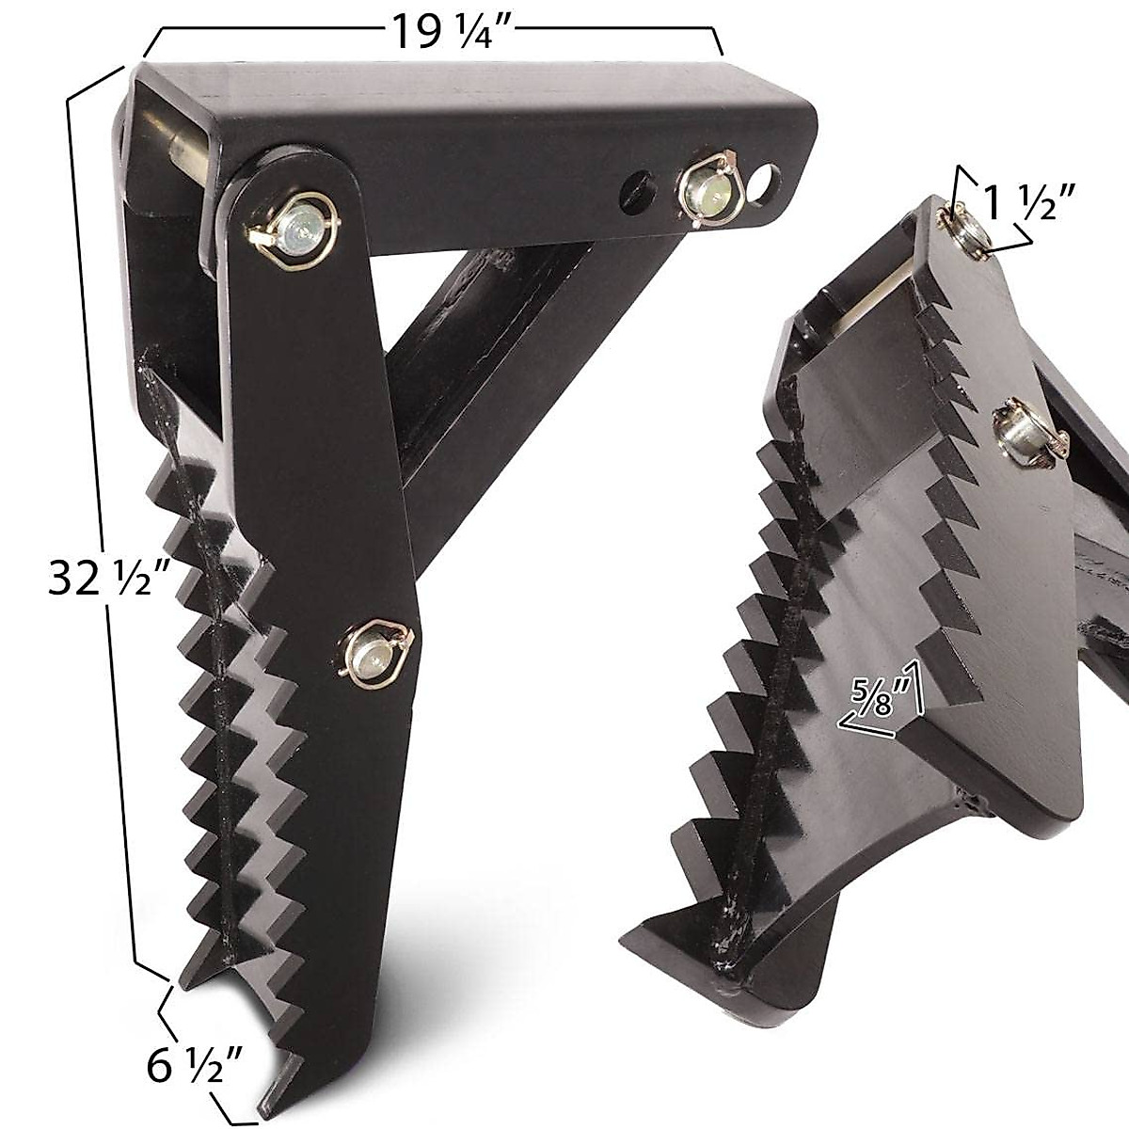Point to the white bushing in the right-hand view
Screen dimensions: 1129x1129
[875, 282]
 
